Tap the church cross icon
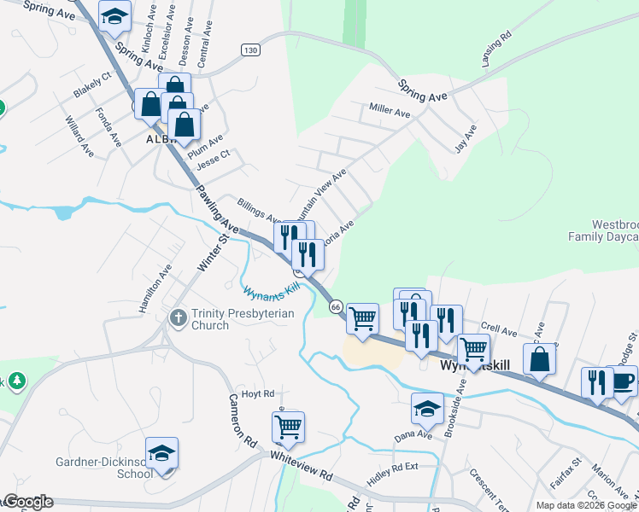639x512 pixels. click(x=179, y=318)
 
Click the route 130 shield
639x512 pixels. click(x=249, y=50)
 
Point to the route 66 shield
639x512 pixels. click(x=335, y=305)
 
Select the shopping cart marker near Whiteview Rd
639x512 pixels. click(x=289, y=426)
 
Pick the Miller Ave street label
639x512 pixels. click(x=390, y=112)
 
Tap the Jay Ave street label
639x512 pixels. click(x=466, y=137)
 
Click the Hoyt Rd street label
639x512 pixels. click(x=257, y=394)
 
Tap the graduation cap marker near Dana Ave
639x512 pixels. click(x=427, y=407)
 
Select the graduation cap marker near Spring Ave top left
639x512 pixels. click(x=114, y=15)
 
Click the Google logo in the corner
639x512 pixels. click(x=27, y=502)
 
